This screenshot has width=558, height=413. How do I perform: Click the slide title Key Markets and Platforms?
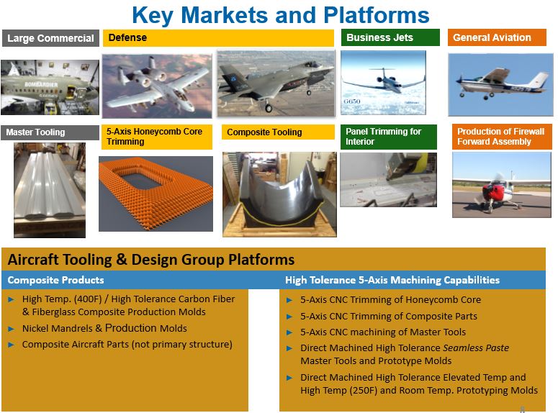coord(280,15)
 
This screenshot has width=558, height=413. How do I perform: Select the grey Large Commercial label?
coord(50,38)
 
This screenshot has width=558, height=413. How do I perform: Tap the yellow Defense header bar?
coord(218,37)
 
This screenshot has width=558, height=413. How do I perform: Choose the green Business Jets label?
coord(390,37)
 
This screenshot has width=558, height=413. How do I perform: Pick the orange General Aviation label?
coord(497,37)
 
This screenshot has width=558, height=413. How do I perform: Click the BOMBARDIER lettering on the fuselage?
coord(41,85)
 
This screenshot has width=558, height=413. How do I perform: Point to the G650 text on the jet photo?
coord(352,101)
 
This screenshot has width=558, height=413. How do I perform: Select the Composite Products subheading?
coord(56,280)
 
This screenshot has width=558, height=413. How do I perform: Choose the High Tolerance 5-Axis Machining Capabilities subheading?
coord(392,280)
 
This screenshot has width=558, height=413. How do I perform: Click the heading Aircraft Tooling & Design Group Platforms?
coord(151,260)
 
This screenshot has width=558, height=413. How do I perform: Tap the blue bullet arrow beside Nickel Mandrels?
coord(11,329)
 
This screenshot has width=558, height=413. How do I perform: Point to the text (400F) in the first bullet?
coord(88,299)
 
